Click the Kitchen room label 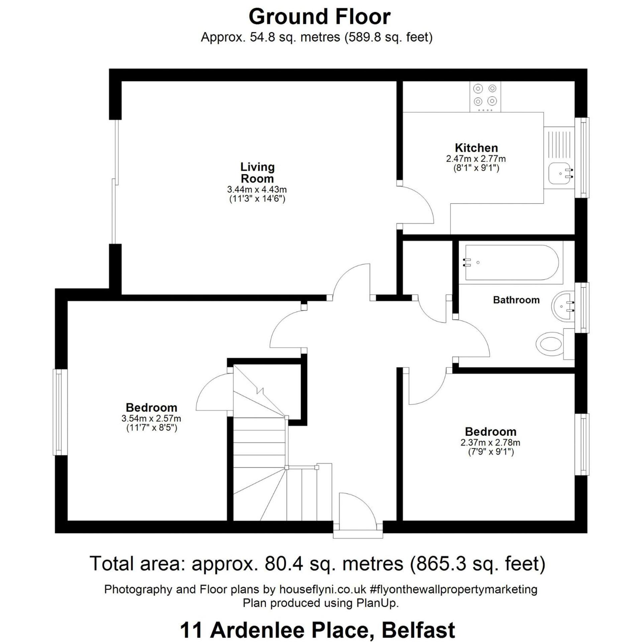pyautogui.click(x=476, y=148)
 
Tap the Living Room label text pyautogui.click(x=257, y=173)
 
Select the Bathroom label pyautogui.click(x=516, y=300)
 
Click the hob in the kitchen pyautogui.click(x=485, y=97)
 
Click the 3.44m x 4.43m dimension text pyautogui.click(x=257, y=189)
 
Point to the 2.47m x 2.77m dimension pyautogui.click(x=476, y=158)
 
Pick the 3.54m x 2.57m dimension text pyautogui.click(x=151, y=418)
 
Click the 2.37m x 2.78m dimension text pyautogui.click(x=490, y=442)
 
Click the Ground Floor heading pyautogui.click(x=320, y=16)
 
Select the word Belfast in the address pyautogui.click(x=418, y=630)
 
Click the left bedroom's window pyautogui.click(x=60, y=412)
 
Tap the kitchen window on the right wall pyautogui.click(x=582, y=157)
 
